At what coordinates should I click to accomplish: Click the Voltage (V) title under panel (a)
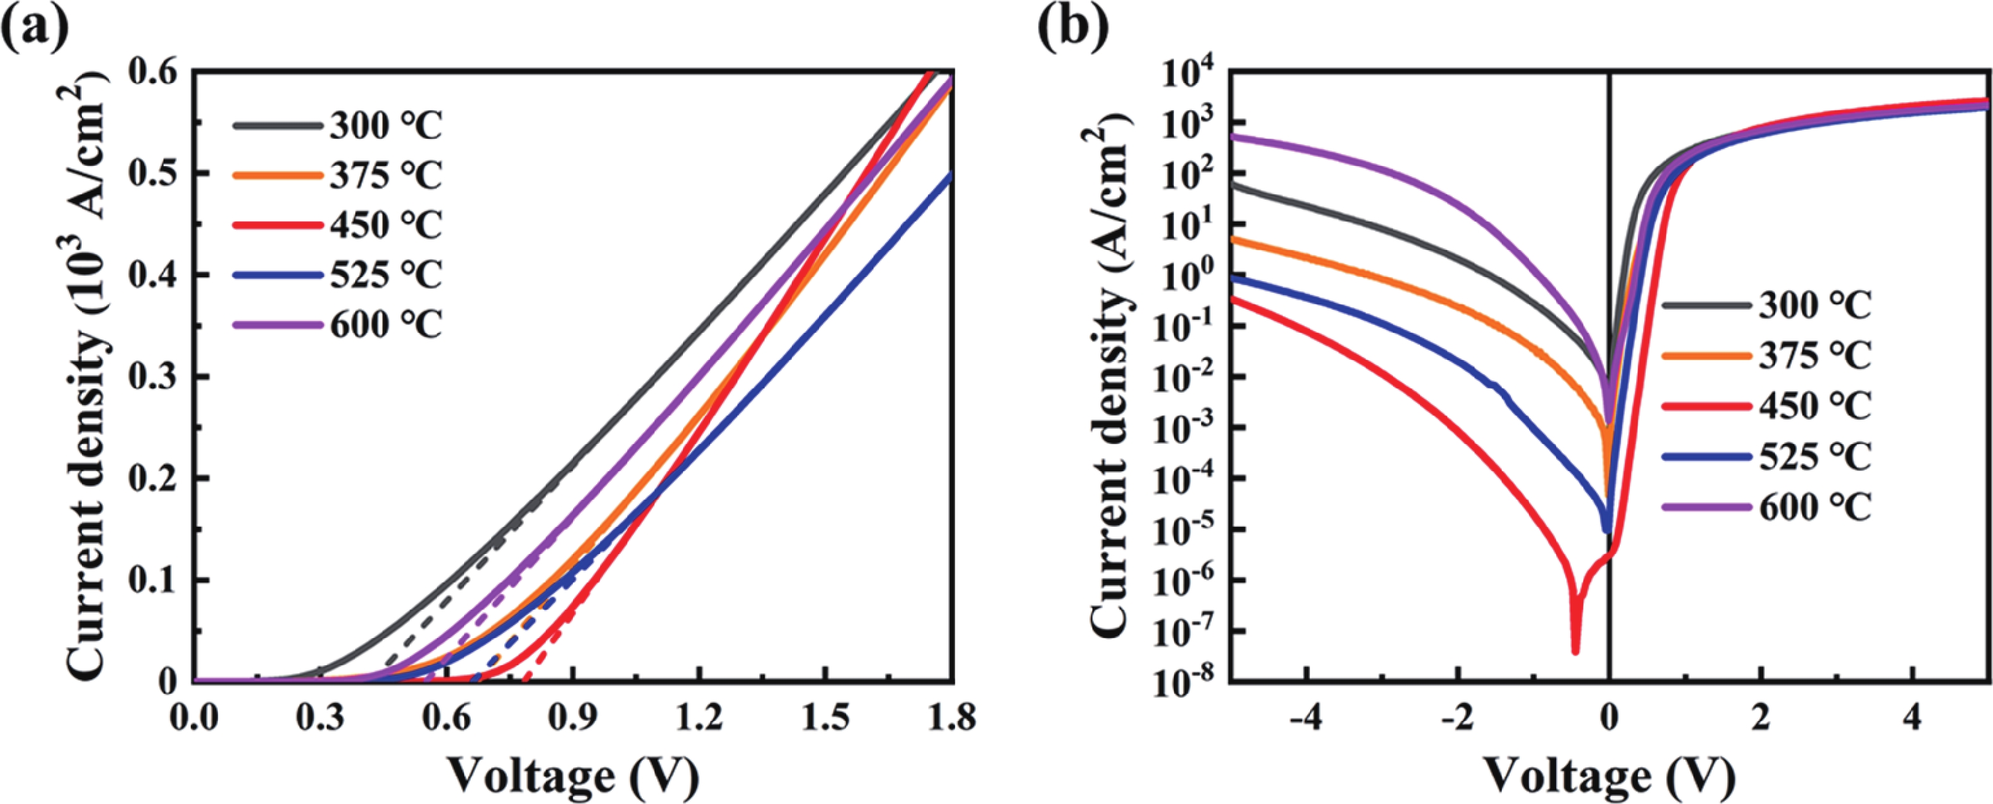pyautogui.click(x=573, y=776)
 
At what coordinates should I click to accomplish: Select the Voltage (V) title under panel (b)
pyautogui.click(x=1609, y=776)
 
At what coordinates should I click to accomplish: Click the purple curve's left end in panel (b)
pyautogui.click(x=1232, y=137)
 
